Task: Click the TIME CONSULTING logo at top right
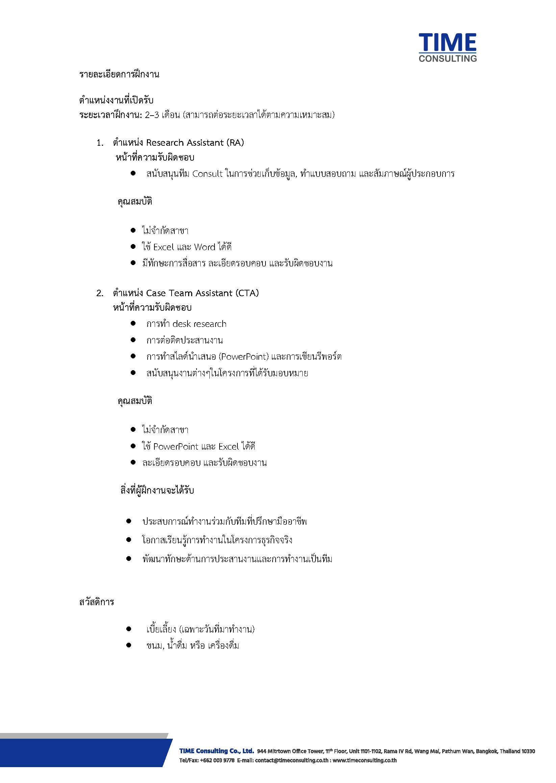(x=447, y=47)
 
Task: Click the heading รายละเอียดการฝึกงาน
(x=119, y=74)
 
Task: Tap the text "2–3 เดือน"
(x=162, y=115)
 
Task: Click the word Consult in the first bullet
(x=207, y=174)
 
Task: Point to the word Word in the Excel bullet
(x=204, y=247)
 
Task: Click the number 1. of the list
(x=100, y=143)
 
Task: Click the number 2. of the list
(x=100, y=293)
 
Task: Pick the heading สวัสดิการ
(x=97, y=602)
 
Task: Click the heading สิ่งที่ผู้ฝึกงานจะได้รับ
(x=157, y=490)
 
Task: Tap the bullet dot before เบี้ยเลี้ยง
(x=129, y=629)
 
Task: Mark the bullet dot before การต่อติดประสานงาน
(x=133, y=340)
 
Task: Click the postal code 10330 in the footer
(x=528, y=751)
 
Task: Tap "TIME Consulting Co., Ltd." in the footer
(x=217, y=751)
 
